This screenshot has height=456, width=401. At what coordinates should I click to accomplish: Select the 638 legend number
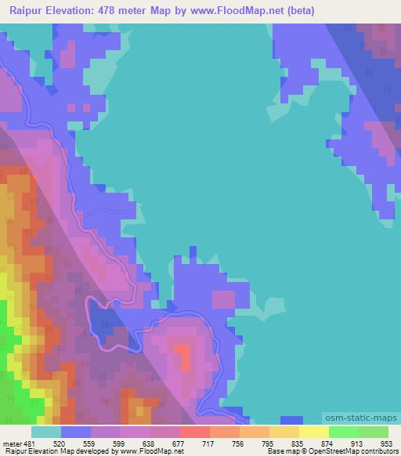150,442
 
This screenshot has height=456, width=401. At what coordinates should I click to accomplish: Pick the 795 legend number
267,442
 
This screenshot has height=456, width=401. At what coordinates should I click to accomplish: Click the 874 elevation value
327,442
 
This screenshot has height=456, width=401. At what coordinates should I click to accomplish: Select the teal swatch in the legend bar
46,432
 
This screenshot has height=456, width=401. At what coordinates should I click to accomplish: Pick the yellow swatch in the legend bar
314,432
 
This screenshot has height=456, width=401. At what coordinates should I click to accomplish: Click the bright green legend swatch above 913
344,432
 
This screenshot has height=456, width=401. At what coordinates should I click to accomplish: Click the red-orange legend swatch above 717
195,432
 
